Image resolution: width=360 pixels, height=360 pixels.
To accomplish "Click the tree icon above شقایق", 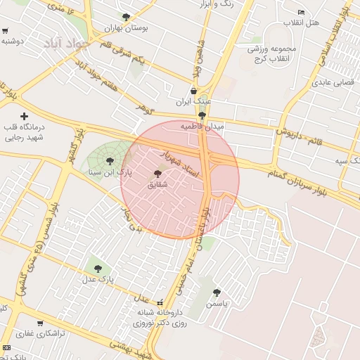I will pyautogui.click(x=157, y=174).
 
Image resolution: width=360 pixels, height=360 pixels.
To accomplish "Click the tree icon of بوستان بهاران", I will pyautogui.click(x=126, y=17).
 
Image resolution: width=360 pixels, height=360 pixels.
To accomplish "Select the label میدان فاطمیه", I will pyautogui.click(x=202, y=127).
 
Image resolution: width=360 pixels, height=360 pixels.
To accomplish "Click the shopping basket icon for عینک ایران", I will pyautogui.click(x=194, y=91).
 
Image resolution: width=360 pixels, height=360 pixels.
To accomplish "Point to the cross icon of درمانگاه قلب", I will pyautogui.click(x=25, y=116).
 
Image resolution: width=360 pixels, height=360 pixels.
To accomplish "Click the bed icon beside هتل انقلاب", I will pyautogui.click(x=302, y=12).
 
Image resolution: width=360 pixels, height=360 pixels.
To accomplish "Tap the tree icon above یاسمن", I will pyautogui.click(x=217, y=293).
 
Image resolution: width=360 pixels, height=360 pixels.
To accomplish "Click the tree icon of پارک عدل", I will pyautogui.click(x=97, y=268).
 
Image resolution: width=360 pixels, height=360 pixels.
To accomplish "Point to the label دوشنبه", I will pyautogui.click(x=13, y=41).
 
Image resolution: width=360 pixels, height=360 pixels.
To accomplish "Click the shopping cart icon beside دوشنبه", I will pyautogui.click(x=5, y=31).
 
